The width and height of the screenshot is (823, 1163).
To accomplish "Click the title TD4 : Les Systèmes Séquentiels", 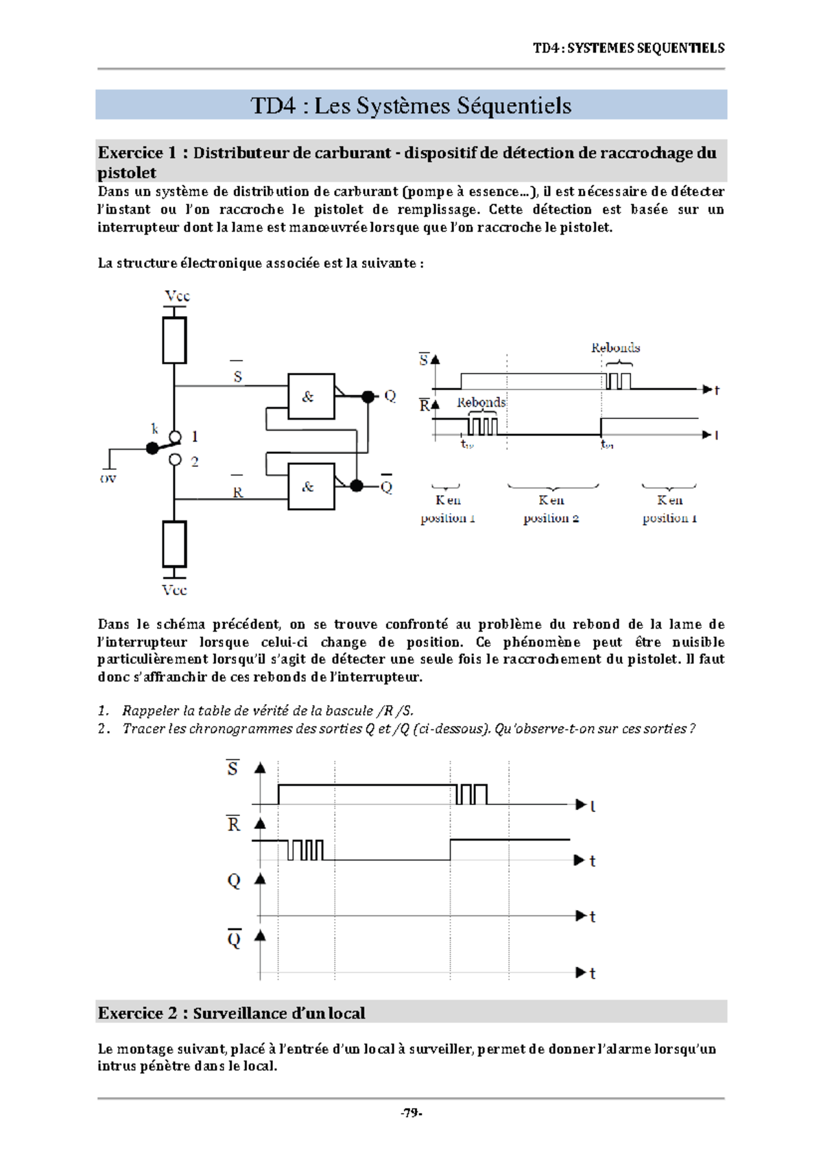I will coord(411,106).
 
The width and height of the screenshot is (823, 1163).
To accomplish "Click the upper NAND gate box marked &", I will coord(311,396).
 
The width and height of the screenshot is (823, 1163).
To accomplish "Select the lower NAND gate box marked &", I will coord(311,486).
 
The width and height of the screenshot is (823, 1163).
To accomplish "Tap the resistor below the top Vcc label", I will coord(174,340).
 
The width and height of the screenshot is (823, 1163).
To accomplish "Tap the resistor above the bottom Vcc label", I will coord(174,544).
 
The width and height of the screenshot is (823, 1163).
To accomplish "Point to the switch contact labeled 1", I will coord(176,437).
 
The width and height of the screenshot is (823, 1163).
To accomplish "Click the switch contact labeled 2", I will coord(176,460).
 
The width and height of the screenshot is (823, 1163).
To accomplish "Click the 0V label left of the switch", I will coord(108,479).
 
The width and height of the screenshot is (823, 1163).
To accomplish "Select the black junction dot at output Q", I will coord(368,396).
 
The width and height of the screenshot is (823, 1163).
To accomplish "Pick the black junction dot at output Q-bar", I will coord(356,486).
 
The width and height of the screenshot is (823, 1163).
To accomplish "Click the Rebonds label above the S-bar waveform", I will coord(615,348).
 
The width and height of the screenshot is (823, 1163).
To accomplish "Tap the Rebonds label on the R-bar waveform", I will coord(481,403).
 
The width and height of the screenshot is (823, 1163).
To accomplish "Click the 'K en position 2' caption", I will coord(551,509).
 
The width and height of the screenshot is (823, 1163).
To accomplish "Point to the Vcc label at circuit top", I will coord(176,296).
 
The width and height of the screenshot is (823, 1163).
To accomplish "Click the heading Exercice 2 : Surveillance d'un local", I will coord(231,1013).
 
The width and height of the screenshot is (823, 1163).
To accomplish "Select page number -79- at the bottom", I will coord(411,1113).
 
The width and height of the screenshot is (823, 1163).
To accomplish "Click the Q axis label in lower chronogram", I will coord(234,880).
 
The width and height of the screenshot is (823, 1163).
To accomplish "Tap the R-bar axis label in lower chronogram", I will coord(234,824).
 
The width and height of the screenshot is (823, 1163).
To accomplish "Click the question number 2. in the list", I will coord(104,728).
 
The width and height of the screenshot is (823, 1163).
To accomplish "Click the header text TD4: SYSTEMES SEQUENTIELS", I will coord(628,48).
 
